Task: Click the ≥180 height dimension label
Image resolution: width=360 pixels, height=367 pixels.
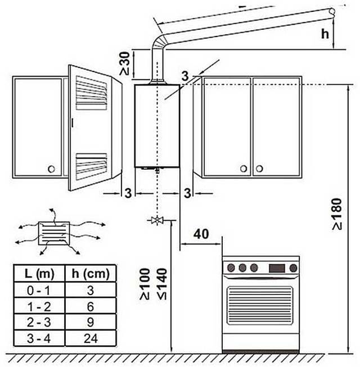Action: [x=337, y=214]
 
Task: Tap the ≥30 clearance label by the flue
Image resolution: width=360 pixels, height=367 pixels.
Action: [x=125, y=64]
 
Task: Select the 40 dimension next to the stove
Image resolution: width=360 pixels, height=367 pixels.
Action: [x=201, y=234]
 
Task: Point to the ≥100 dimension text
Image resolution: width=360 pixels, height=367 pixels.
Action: [x=145, y=284]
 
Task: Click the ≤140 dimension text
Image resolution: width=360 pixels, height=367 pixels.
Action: [x=163, y=284]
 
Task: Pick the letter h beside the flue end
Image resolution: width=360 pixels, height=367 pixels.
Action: [x=325, y=34]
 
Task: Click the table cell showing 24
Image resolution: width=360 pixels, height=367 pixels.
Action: [x=91, y=338]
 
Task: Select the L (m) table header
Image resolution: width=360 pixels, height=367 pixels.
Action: [x=39, y=273]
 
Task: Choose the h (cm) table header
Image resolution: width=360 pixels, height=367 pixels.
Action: [x=91, y=273]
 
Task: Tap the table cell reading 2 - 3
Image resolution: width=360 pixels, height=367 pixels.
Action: [x=39, y=322]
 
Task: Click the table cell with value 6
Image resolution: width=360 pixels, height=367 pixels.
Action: [x=91, y=306]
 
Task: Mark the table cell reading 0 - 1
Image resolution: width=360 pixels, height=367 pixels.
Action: [x=39, y=290]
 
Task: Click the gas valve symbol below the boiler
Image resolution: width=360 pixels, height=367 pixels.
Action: [x=157, y=220]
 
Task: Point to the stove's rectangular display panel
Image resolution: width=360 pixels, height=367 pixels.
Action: [x=277, y=268]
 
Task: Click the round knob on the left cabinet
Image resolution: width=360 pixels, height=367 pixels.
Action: [x=51, y=169]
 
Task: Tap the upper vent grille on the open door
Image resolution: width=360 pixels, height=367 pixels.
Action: [x=91, y=93]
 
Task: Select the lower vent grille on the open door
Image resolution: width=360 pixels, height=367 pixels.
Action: [x=91, y=166]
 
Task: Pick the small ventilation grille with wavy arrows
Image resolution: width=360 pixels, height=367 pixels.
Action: [x=54, y=233]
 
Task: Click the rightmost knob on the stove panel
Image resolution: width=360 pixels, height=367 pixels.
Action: [x=293, y=268]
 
